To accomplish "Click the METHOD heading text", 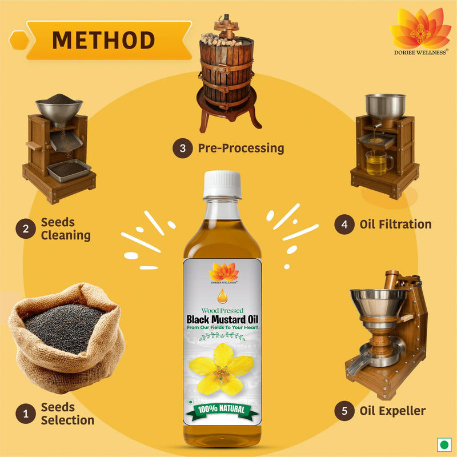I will tap(103, 40).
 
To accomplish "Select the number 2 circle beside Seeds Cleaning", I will tap(25, 229).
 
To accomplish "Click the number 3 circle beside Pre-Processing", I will tap(182, 149).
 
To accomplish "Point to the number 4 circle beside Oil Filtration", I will tap(344, 225).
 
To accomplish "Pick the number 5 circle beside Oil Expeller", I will tap(344, 411).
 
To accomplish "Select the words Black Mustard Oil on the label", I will tap(222, 319).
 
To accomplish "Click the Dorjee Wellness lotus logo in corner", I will tap(420, 29).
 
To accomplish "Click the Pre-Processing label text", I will tap(240, 149).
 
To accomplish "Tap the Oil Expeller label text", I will tap(392, 411).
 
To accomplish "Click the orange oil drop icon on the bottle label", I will tap(222, 296).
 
